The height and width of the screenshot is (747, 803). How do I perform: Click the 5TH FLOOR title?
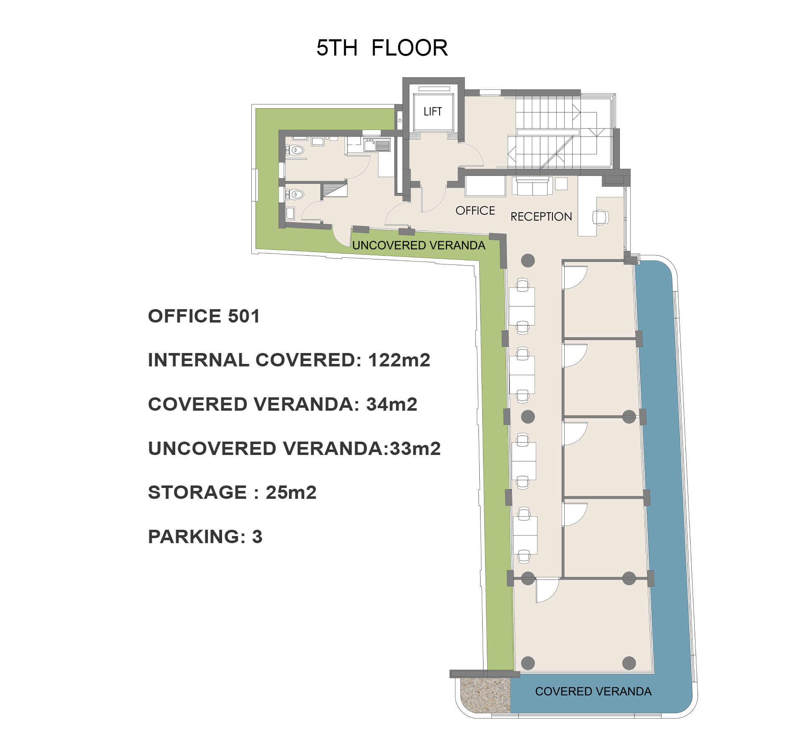click(x=382, y=48)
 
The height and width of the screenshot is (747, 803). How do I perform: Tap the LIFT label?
click(x=432, y=112)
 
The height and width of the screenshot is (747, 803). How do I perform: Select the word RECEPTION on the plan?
click(x=541, y=216)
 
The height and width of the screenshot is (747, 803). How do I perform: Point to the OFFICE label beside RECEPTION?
click(x=475, y=211)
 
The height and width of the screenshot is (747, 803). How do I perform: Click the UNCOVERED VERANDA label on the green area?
click(x=419, y=245)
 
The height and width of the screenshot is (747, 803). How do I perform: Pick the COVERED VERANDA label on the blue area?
click(x=593, y=691)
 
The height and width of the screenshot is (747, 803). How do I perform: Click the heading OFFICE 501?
click(x=204, y=316)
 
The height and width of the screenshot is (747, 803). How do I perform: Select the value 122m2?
click(x=399, y=360)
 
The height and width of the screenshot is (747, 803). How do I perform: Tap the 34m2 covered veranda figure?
click(x=391, y=404)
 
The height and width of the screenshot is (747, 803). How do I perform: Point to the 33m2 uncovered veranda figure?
click(x=415, y=449)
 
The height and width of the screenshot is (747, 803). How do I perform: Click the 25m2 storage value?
click(x=291, y=493)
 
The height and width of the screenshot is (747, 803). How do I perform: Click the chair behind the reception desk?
click(x=601, y=217)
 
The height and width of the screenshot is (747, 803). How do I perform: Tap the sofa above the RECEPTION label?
click(x=532, y=186)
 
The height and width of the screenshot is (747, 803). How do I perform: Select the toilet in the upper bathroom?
click(x=296, y=150)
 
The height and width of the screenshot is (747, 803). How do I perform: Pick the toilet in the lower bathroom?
click(x=296, y=194)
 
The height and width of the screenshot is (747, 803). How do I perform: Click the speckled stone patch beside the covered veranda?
click(x=485, y=696)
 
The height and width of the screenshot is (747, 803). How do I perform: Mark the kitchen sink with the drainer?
click(x=377, y=145)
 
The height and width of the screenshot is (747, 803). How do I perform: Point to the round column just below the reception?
click(x=528, y=261)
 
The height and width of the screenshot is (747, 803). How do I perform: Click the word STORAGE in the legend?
click(x=197, y=493)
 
